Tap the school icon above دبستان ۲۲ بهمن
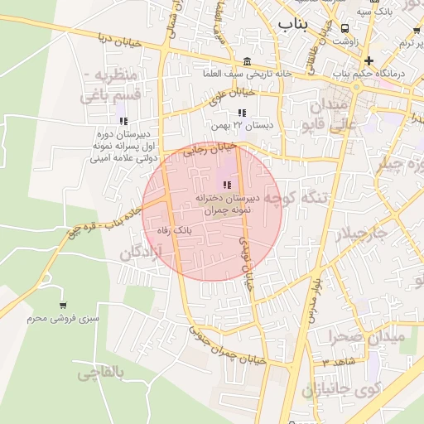point(242,113)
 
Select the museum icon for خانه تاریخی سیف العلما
point(248,62)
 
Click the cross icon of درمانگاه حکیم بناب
point(369,60)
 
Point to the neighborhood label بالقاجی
point(101,373)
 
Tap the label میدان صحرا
point(364,337)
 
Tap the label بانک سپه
point(375,12)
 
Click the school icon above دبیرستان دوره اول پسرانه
point(123,121)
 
